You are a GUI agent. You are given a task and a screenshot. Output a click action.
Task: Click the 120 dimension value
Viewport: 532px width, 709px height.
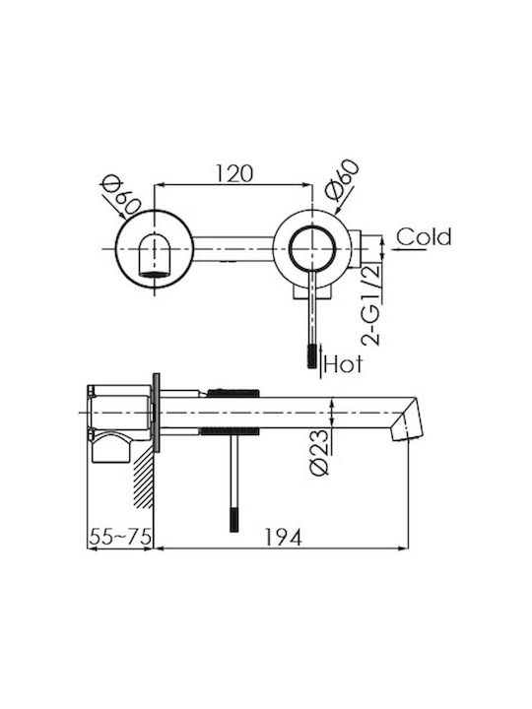[233, 173]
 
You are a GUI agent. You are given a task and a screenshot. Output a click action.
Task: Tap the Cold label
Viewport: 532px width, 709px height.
[425, 236]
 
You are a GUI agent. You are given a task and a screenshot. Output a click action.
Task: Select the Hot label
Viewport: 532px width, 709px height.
[344, 364]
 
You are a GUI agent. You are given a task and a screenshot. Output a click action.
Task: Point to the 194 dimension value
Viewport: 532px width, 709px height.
[283, 538]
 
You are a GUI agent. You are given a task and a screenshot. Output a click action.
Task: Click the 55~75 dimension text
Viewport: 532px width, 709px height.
[120, 538]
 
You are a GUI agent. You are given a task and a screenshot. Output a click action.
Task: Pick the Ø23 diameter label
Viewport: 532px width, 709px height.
[319, 452]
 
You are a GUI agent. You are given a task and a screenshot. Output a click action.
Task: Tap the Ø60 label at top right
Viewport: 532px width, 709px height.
[342, 180]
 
